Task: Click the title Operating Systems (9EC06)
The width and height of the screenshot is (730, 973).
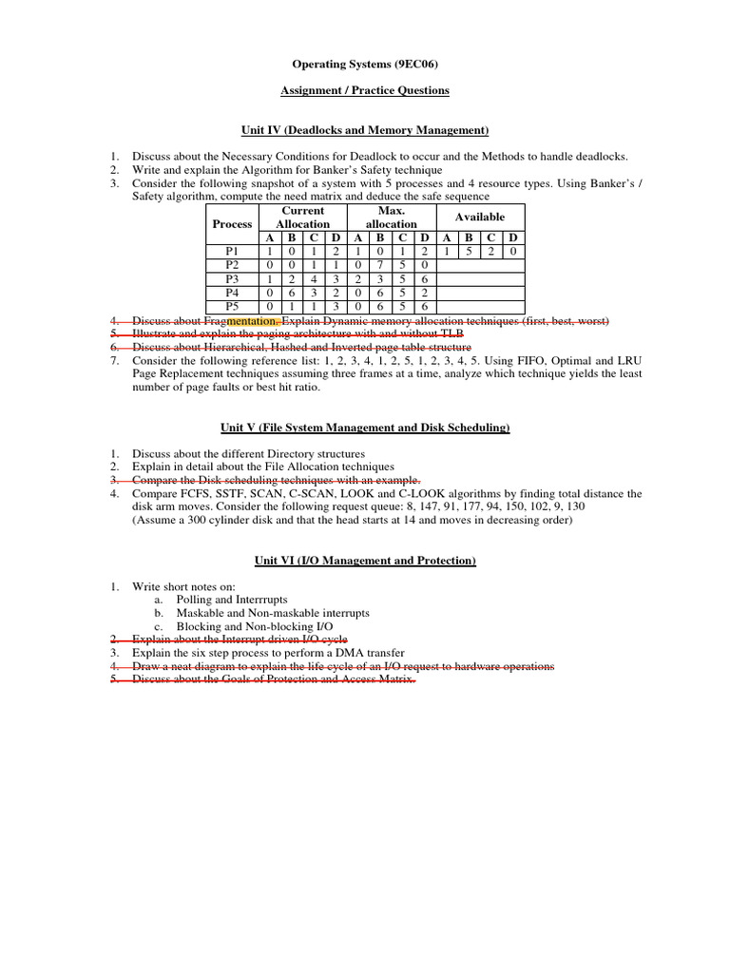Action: (365, 65)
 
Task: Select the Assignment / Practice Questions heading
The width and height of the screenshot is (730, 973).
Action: (365, 91)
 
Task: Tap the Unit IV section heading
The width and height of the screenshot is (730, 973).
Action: (365, 130)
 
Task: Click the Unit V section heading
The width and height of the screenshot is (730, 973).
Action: (365, 429)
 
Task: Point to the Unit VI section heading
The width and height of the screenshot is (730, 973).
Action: (365, 562)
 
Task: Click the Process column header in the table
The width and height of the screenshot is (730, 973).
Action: (233, 224)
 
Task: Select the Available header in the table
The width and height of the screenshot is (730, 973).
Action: (480, 217)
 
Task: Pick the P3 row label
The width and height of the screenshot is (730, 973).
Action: (233, 279)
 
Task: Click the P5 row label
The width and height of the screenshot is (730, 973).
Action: (233, 307)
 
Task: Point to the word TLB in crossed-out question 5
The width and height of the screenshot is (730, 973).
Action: (452, 334)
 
